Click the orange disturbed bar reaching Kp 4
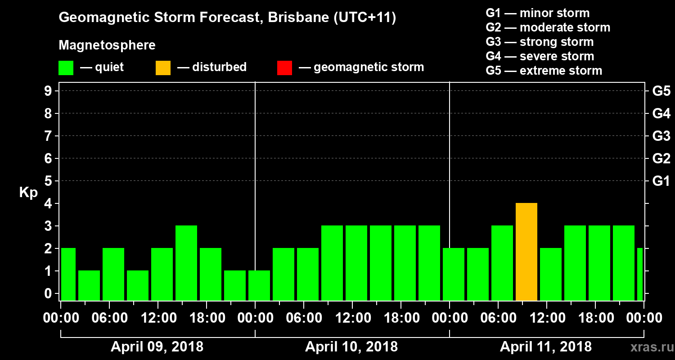pos(526,252)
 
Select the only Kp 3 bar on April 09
pos(186,263)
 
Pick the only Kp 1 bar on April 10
pos(259,285)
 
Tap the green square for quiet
pos(66,67)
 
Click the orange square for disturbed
pos(163,67)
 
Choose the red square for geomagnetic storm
pos(284,67)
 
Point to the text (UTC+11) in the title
pos(365,18)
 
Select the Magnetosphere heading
pos(107,45)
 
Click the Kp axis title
pos(28,193)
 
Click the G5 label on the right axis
pos(661,91)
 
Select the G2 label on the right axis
pos(661,159)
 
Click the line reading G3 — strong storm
pos(540,42)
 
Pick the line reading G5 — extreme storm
pos(544,71)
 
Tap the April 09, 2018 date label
pos(157,347)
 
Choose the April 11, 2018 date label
pos(546,347)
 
